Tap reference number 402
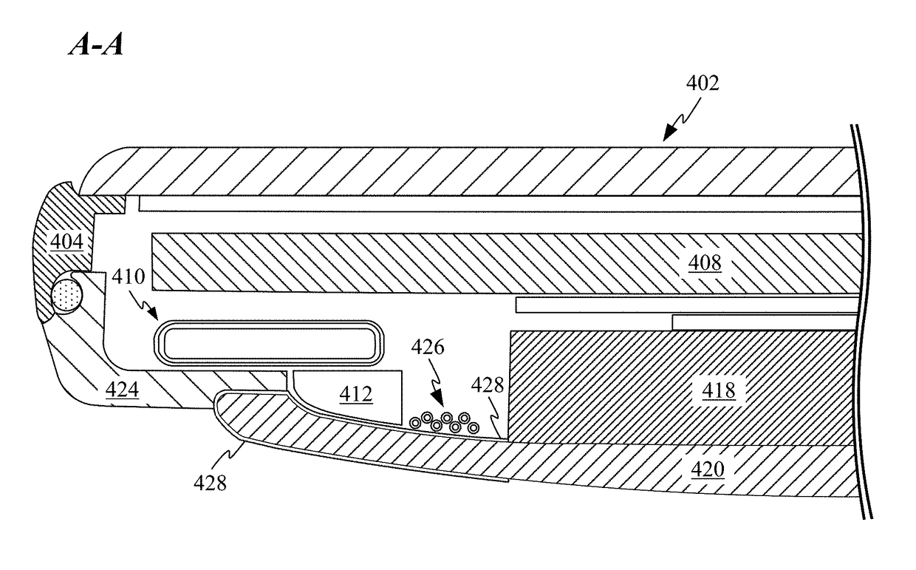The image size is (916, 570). [703, 84]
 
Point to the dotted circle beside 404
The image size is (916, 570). [66, 296]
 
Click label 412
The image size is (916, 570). [355, 395]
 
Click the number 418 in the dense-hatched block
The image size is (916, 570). [720, 390]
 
